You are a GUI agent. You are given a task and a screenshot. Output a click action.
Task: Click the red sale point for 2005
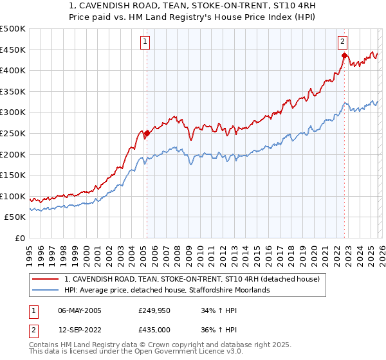coord(147,134)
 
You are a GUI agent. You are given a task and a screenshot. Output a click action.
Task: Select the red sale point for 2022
coord(344,56)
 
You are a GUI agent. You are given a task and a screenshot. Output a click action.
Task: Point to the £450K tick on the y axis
coord(13,50)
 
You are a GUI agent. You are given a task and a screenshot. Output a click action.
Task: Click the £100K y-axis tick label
coord(13,196)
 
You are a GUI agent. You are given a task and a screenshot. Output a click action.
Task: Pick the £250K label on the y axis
coord(13,133)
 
